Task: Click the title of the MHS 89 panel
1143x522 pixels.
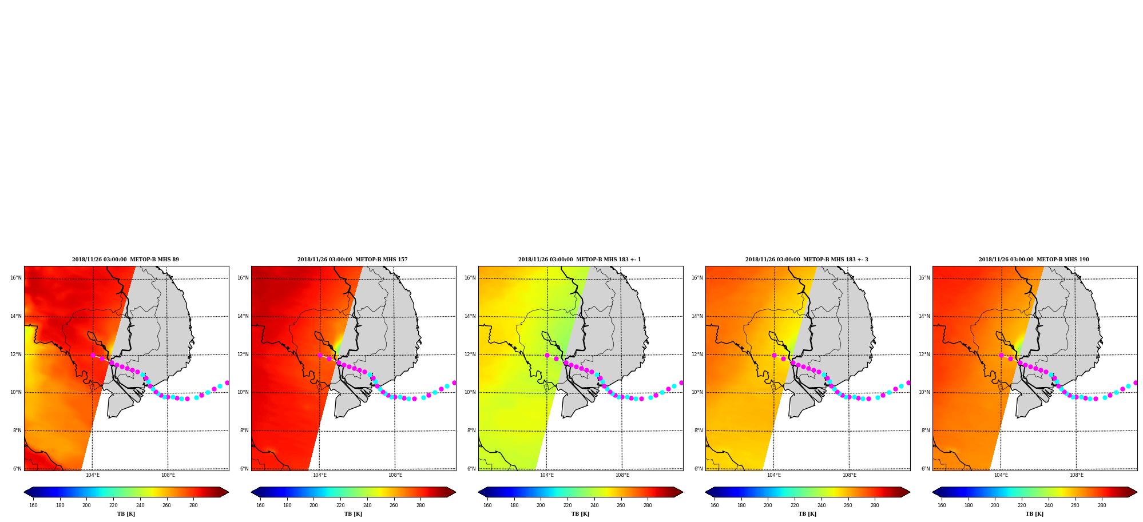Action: tap(125, 260)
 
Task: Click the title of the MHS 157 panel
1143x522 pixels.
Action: tap(352, 260)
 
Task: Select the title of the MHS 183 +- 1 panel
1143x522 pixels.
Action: tap(580, 260)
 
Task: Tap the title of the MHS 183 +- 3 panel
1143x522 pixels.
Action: tap(807, 260)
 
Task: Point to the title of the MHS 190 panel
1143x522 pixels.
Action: tap(1034, 260)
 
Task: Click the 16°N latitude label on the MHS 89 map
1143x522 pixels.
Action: tap(16, 278)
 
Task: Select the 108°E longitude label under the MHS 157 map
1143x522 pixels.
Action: tap(395, 475)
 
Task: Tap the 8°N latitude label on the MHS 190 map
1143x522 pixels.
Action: tap(926, 431)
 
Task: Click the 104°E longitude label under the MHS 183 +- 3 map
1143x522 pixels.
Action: tap(773, 475)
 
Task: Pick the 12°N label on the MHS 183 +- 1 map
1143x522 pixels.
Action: tap(470, 354)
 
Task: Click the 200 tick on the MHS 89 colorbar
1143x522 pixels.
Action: tap(86, 505)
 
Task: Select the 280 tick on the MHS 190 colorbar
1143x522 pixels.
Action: tap(1102, 505)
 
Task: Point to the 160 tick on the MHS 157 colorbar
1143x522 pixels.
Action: tap(260, 505)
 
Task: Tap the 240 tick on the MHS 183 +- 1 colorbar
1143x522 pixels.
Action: tap(594, 505)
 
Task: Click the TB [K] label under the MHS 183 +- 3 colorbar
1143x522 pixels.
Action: tap(807, 514)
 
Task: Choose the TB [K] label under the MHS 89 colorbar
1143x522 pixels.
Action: tap(126, 514)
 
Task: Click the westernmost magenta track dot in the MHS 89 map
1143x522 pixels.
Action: tap(93, 355)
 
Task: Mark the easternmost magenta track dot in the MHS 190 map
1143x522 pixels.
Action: tap(1135, 383)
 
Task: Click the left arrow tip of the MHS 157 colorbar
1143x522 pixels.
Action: tap(252, 492)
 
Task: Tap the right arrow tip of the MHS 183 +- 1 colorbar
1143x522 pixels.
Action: tap(682, 492)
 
